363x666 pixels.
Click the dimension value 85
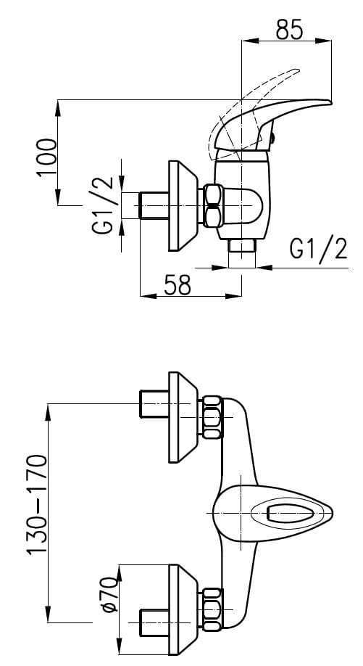coord(290,29)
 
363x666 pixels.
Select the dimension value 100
coord(47,157)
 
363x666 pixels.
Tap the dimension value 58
coord(178,284)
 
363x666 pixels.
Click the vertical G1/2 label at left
coord(103,205)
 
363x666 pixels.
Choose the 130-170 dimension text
coord(37,505)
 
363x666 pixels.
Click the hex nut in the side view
coord(212,205)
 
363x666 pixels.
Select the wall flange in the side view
coord(183,205)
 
